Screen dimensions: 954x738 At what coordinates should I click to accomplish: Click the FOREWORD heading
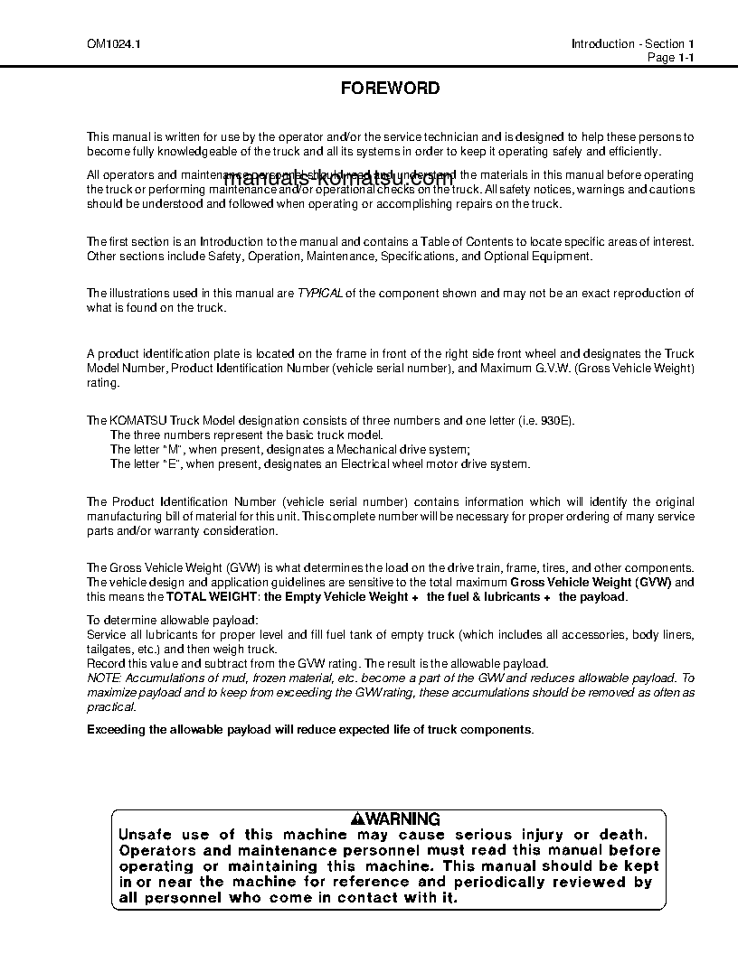pos(390,89)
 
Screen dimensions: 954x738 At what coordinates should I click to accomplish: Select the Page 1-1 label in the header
pos(670,58)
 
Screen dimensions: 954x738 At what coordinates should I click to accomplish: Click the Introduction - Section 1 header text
pos(632,44)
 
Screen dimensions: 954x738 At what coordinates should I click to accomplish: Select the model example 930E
pos(553,421)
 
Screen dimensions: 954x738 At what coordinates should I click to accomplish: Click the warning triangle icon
pos(358,819)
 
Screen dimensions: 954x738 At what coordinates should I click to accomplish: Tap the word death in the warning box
pos(620,835)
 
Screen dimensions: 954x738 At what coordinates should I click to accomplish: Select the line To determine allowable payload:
pos(172,620)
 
